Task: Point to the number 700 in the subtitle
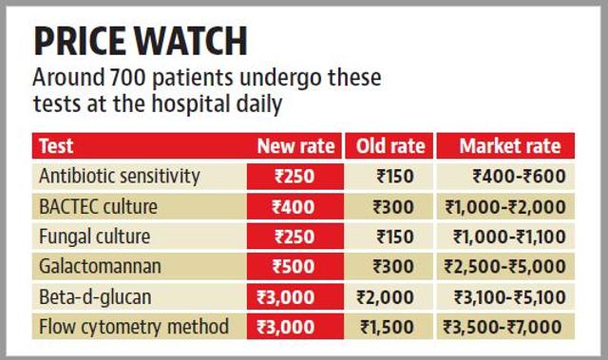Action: tap(127, 77)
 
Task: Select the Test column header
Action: tap(56, 146)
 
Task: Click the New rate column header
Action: tap(295, 146)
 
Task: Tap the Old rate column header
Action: tap(390, 146)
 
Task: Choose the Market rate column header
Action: tap(510, 146)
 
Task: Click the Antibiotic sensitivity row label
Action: tap(120, 177)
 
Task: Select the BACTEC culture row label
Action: tap(99, 206)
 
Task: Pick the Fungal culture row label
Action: tap(95, 237)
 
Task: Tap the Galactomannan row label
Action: tap(100, 267)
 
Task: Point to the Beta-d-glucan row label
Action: tap(95, 297)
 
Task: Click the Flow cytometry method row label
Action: tap(134, 327)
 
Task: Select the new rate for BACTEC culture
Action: tap(294, 207)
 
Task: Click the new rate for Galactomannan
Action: tap(294, 267)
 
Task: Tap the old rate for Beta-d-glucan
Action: tap(385, 297)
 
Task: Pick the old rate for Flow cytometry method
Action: tap(387, 328)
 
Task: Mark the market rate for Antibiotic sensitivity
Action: tap(520, 177)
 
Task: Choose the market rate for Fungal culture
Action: tap(509, 237)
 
